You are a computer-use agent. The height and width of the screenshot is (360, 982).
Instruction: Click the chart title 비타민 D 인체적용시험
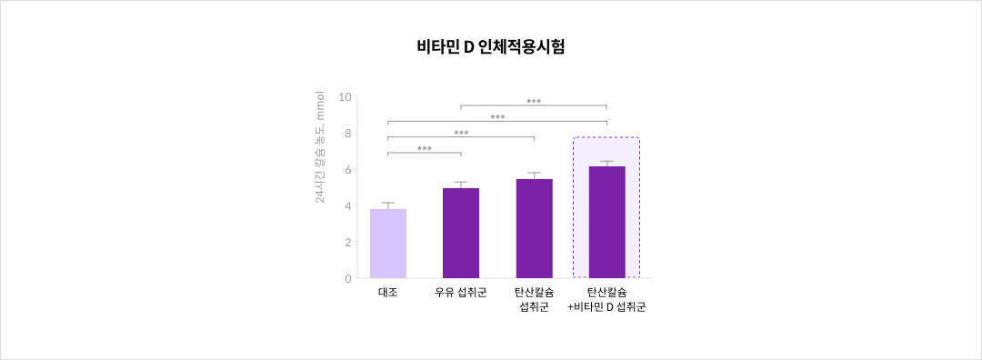[491, 47]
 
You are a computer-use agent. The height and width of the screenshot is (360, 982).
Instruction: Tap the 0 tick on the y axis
[347, 279]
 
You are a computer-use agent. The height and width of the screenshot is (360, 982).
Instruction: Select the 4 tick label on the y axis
[347, 206]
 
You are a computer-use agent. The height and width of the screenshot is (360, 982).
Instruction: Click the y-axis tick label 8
[347, 133]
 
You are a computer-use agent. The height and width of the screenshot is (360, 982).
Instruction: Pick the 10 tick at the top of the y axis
[345, 96]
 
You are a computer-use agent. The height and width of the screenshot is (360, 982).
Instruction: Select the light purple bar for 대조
[388, 244]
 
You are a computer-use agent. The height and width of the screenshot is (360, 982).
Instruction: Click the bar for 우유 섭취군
[461, 233]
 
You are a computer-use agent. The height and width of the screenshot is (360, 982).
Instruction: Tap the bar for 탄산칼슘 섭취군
[534, 228]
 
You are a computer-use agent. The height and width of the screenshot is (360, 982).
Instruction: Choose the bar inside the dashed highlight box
[606, 222]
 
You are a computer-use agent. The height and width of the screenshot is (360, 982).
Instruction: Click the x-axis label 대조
[388, 293]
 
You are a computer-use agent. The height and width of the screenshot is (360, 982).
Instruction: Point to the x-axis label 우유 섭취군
[461, 293]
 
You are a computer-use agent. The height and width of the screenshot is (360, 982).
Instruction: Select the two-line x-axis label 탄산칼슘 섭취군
[534, 300]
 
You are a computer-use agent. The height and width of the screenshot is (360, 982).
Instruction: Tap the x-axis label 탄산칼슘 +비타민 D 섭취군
[606, 300]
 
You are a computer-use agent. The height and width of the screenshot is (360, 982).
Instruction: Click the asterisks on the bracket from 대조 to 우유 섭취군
[425, 149]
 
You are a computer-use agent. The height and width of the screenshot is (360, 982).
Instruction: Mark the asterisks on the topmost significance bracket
[534, 102]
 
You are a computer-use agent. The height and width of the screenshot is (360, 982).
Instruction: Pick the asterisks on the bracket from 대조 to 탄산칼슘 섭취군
[461, 134]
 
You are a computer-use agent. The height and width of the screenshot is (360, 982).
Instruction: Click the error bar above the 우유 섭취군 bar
[461, 185]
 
